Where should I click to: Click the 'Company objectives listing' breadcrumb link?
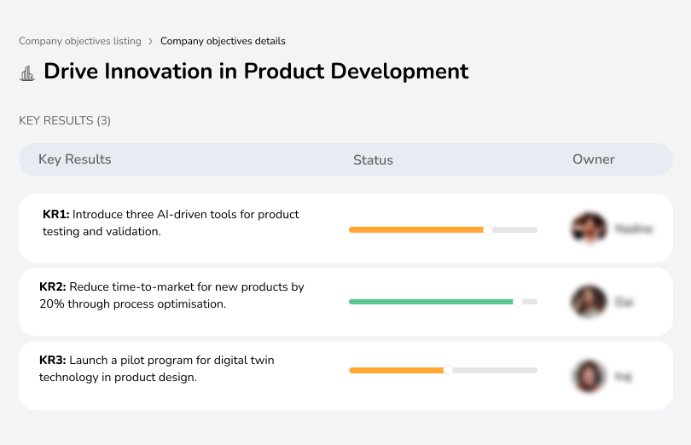(79, 41)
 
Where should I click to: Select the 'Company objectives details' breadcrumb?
(223, 41)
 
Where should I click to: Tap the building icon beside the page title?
(27, 72)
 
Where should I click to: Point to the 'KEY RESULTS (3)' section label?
(65, 121)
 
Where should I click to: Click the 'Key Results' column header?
(75, 159)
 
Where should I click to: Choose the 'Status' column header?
(373, 159)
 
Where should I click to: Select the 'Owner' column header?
(594, 159)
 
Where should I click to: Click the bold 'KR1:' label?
(55, 215)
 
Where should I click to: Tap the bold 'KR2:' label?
(53, 287)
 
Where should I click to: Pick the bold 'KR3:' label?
(53, 361)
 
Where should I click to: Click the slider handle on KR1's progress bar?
(488, 229)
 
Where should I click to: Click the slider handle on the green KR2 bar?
(517, 302)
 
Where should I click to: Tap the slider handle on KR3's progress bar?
(448, 370)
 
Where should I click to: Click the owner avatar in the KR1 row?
(589, 228)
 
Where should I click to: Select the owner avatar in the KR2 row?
(589, 302)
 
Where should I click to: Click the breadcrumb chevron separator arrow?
(150, 41)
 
